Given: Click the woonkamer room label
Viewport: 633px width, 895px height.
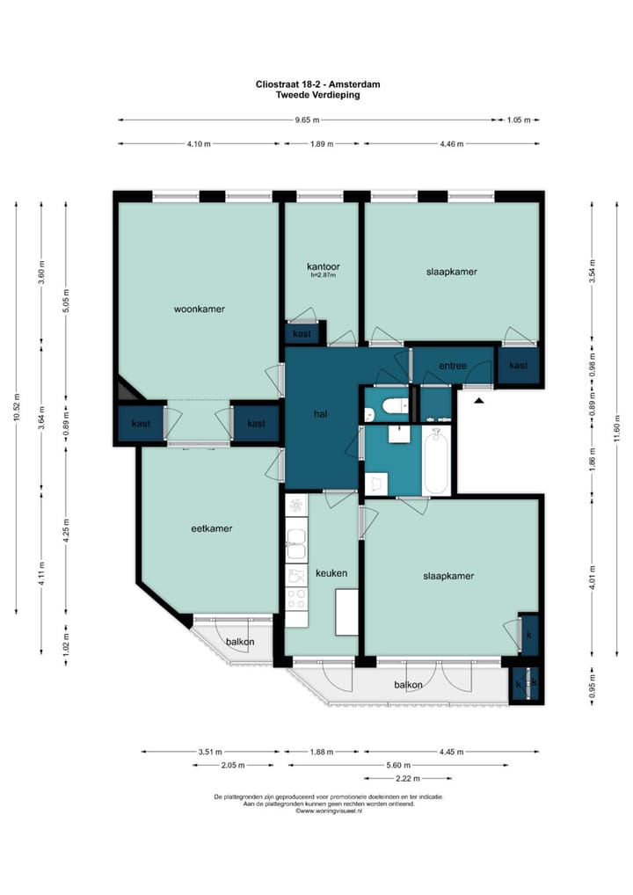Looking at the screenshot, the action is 200,309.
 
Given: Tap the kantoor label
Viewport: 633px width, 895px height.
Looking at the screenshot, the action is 323,266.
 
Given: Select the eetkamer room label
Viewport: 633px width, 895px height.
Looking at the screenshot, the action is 211,528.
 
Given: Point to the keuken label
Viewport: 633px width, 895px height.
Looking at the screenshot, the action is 331,573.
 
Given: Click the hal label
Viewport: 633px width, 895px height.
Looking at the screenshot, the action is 320,414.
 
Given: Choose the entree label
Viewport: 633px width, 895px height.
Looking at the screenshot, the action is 453,366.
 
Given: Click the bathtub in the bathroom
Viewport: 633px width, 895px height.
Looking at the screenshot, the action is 436,461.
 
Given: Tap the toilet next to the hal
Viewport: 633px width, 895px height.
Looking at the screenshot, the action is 395,406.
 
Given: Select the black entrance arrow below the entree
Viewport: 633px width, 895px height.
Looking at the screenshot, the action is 479,401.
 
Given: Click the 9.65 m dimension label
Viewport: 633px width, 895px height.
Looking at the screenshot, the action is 307,120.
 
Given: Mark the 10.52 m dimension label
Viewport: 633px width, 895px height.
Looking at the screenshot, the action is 16,407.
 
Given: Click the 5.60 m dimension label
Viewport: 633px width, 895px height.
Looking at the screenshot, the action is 398,766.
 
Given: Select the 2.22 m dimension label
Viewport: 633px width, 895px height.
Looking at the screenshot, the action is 408,779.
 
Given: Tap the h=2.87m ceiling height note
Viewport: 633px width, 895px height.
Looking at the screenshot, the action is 323,276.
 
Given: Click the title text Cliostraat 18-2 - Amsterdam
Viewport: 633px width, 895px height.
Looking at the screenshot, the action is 318,84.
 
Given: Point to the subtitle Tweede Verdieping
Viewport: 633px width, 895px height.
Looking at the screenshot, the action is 318,95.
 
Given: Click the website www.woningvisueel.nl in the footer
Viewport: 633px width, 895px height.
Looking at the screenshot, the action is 331,811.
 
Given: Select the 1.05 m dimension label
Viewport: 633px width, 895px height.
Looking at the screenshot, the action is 519,120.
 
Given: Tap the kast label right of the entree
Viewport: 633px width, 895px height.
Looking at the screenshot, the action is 519,366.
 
